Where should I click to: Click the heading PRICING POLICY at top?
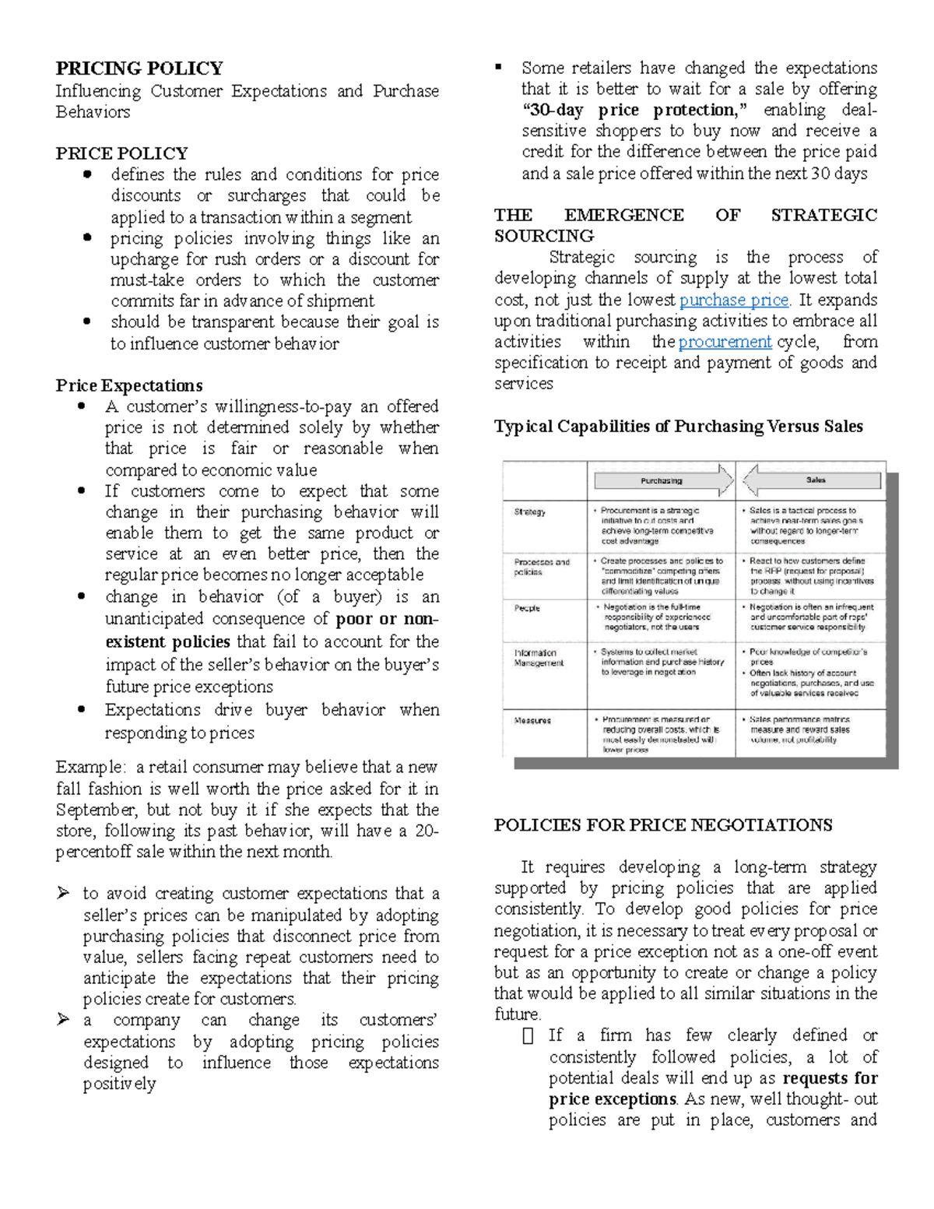tap(139, 69)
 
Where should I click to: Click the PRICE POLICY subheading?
tap(121, 153)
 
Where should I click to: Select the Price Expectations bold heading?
tap(129, 386)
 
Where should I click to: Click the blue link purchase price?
tap(734, 300)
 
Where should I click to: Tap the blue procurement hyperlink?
tap(725, 342)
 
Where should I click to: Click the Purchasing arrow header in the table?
tap(662, 480)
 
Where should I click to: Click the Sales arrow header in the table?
tap(815, 480)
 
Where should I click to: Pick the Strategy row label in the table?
tap(529, 512)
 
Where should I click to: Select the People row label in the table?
tap(527, 608)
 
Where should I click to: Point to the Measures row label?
tap(532, 721)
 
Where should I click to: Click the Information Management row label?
tap(538, 658)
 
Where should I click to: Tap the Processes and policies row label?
tap(541, 567)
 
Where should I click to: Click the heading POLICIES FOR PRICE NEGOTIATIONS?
tap(663, 825)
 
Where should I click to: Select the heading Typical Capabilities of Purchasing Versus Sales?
tap(679, 427)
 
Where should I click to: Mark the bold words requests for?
tap(830, 1079)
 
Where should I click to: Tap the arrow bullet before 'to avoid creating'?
tap(63, 894)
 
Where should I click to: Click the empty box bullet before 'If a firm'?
tap(528, 1036)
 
